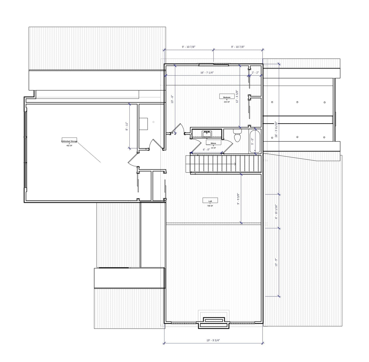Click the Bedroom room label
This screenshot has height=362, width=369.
[x=227, y=97]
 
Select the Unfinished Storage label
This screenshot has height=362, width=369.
[x=69, y=141]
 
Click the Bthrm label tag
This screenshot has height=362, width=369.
[x=213, y=143]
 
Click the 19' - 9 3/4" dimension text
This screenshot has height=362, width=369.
[x=213, y=340]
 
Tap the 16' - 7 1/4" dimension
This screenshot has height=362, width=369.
[x=207, y=73]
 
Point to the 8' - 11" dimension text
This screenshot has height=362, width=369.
[x=127, y=126]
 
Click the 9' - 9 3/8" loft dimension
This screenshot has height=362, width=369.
[x=238, y=199]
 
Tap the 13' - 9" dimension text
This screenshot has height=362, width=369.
[x=276, y=262]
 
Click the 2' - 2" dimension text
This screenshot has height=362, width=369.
[x=255, y=73]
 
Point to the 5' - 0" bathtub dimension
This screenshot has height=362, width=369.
[x=252, y=141]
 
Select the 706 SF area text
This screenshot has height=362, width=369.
[x=210, y=206]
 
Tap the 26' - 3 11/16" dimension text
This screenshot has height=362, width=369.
[x=276, y=129]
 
